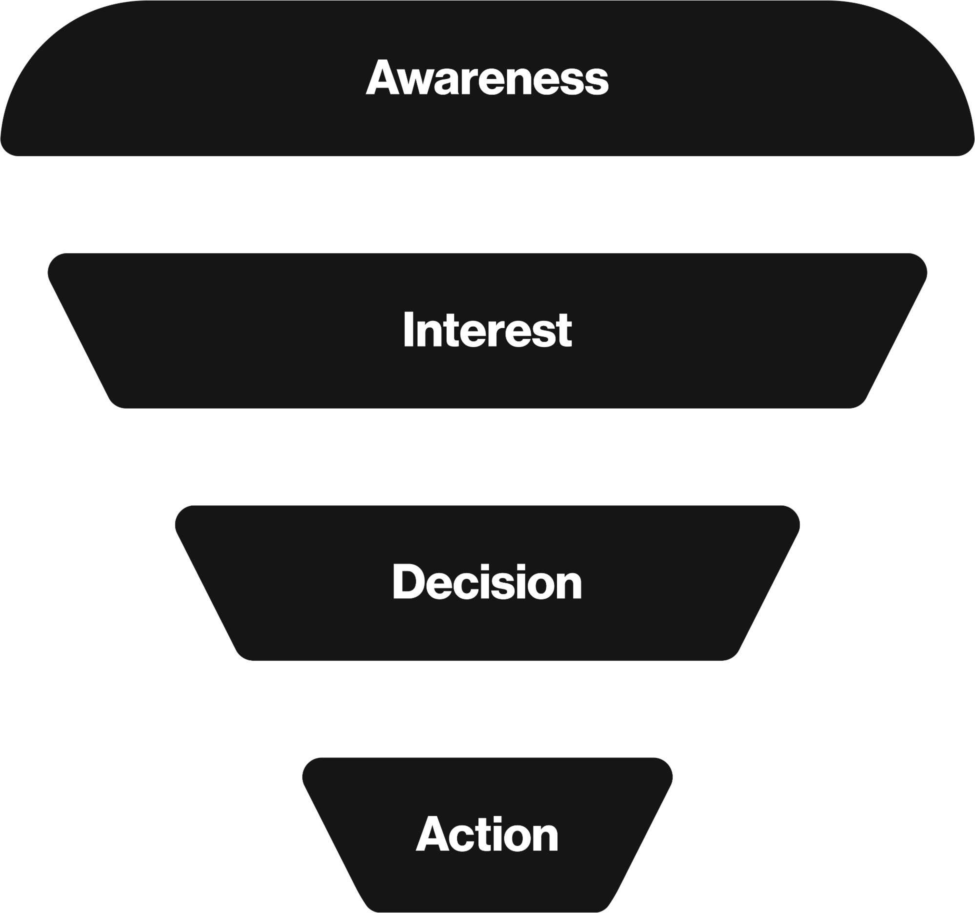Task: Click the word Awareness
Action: pos(487,77)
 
